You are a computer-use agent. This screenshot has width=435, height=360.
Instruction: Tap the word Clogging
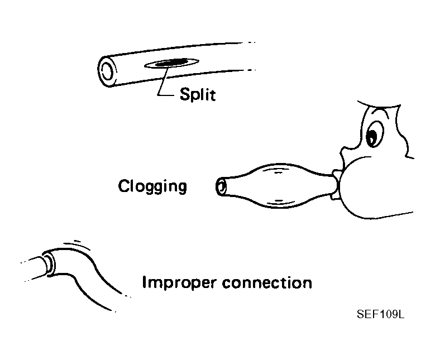coord(152,186)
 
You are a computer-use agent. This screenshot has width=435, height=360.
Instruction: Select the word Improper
coord(179,282)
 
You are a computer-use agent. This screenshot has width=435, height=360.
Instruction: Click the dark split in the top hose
coord(170,64)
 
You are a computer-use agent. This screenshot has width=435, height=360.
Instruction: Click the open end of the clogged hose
coord(222,187)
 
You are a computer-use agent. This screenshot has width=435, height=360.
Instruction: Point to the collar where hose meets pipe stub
coord(50,262)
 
